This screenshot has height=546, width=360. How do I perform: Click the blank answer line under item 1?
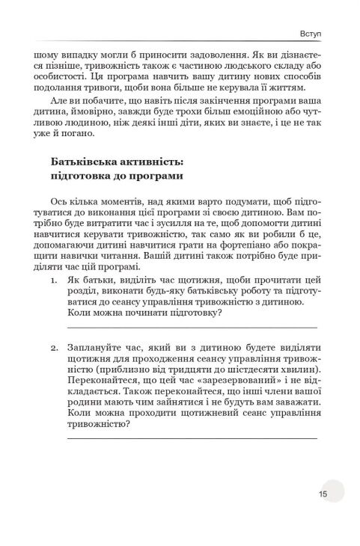click(x=192, y=327)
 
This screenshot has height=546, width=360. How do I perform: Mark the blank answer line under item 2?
click(x=192, y=438)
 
